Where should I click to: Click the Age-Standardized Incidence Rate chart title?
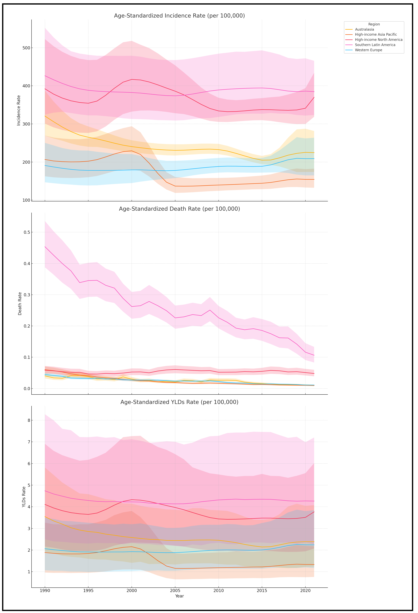click(x=179, y=16)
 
